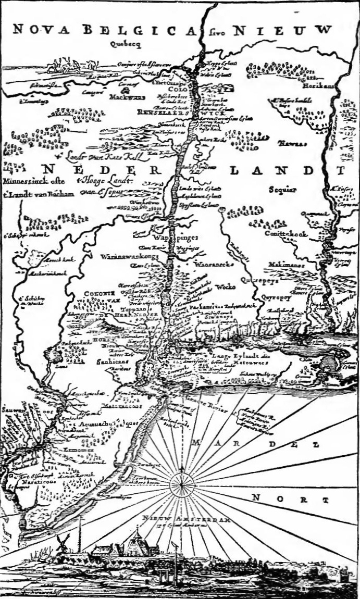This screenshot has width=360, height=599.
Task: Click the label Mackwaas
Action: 124,97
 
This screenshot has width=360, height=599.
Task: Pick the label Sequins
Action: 282,190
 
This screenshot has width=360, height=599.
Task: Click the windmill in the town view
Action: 63,542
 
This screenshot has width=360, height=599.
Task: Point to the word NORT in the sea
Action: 290,499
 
